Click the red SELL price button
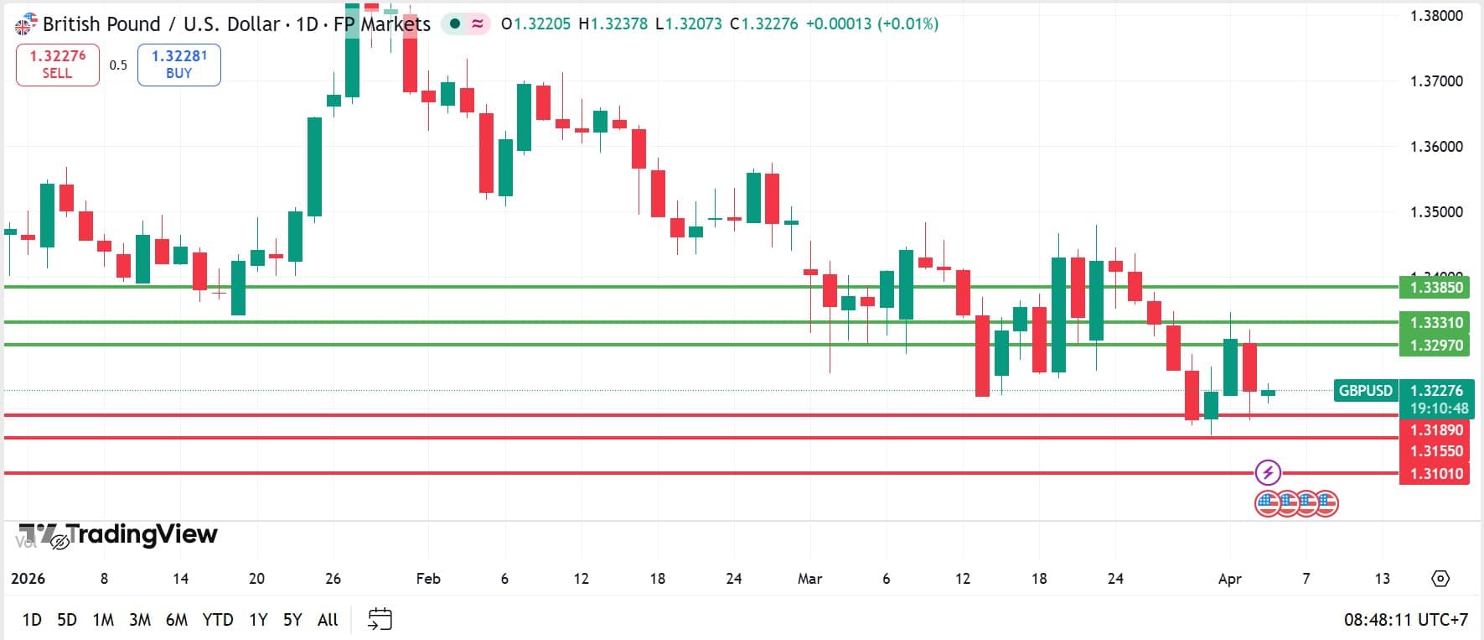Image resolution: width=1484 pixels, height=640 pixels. tap(57, 65)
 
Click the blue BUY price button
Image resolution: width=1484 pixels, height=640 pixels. tap(178, 65)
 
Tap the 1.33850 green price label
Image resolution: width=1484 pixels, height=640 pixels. tap(1435, 288)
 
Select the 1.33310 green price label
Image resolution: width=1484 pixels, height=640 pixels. tap(1435, 323)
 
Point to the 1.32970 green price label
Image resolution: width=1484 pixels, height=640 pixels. tap(1435, 345)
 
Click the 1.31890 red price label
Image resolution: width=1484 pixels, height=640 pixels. tap(1435, 430)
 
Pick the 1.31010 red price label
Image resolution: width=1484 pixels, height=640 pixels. tap(1435, 474)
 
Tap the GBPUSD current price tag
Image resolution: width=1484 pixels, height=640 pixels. tap(1365, 391)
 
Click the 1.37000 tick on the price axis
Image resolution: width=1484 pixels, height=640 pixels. tap(1436, 81)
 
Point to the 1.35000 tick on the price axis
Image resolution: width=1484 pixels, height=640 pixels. tap(1436, 212)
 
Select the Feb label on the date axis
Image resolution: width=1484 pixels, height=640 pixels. tap(428, 579)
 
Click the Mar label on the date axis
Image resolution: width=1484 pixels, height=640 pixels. tap(809, 579)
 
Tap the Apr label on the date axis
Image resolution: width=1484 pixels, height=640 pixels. tap(1229, 579)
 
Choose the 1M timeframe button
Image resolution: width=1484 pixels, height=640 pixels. tap(103, 620)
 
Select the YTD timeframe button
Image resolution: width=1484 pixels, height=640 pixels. tap(218, 620)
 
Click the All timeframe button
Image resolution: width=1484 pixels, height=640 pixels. tap(328, 620)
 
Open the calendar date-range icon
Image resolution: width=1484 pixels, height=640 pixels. tap(380, 619)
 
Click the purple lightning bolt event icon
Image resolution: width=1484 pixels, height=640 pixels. tap(1268, 472)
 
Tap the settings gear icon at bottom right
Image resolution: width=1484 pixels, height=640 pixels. tap(1440, 579)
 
